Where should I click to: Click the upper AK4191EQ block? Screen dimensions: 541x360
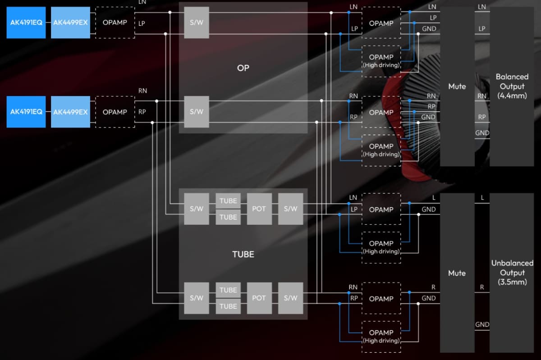coord(26,23)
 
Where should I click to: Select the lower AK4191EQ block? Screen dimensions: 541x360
coord(26,112)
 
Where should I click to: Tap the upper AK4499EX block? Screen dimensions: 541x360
coord(70,23)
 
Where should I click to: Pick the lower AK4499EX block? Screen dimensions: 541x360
coord(70,112)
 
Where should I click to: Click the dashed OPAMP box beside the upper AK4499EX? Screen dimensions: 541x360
coord(115,23)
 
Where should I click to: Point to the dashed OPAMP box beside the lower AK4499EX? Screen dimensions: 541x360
coord(115,112)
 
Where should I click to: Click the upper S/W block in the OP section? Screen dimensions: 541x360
coord(197,23)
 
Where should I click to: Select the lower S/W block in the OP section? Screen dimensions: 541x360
coord(197,112)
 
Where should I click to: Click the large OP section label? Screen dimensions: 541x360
coord(243,68)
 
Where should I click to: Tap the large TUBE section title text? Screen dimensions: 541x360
coord(243,254)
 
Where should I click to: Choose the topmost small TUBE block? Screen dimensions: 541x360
coord(228,201)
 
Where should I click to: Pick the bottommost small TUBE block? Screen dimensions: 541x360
coord(228,306)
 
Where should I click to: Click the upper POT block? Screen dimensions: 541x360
coord(259,209)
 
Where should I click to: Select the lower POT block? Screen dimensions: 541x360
coord(259,298)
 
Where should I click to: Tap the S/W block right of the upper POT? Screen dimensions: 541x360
coord(290,209)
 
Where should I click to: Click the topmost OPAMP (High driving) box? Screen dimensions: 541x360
coord(381,61)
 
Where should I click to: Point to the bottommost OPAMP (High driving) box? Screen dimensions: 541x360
coord(381,337)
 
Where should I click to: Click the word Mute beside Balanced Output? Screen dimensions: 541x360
coord(457,87)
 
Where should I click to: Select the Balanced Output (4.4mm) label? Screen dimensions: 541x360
coord(512,86)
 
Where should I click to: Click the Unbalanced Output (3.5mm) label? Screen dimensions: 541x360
coord(512,273)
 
